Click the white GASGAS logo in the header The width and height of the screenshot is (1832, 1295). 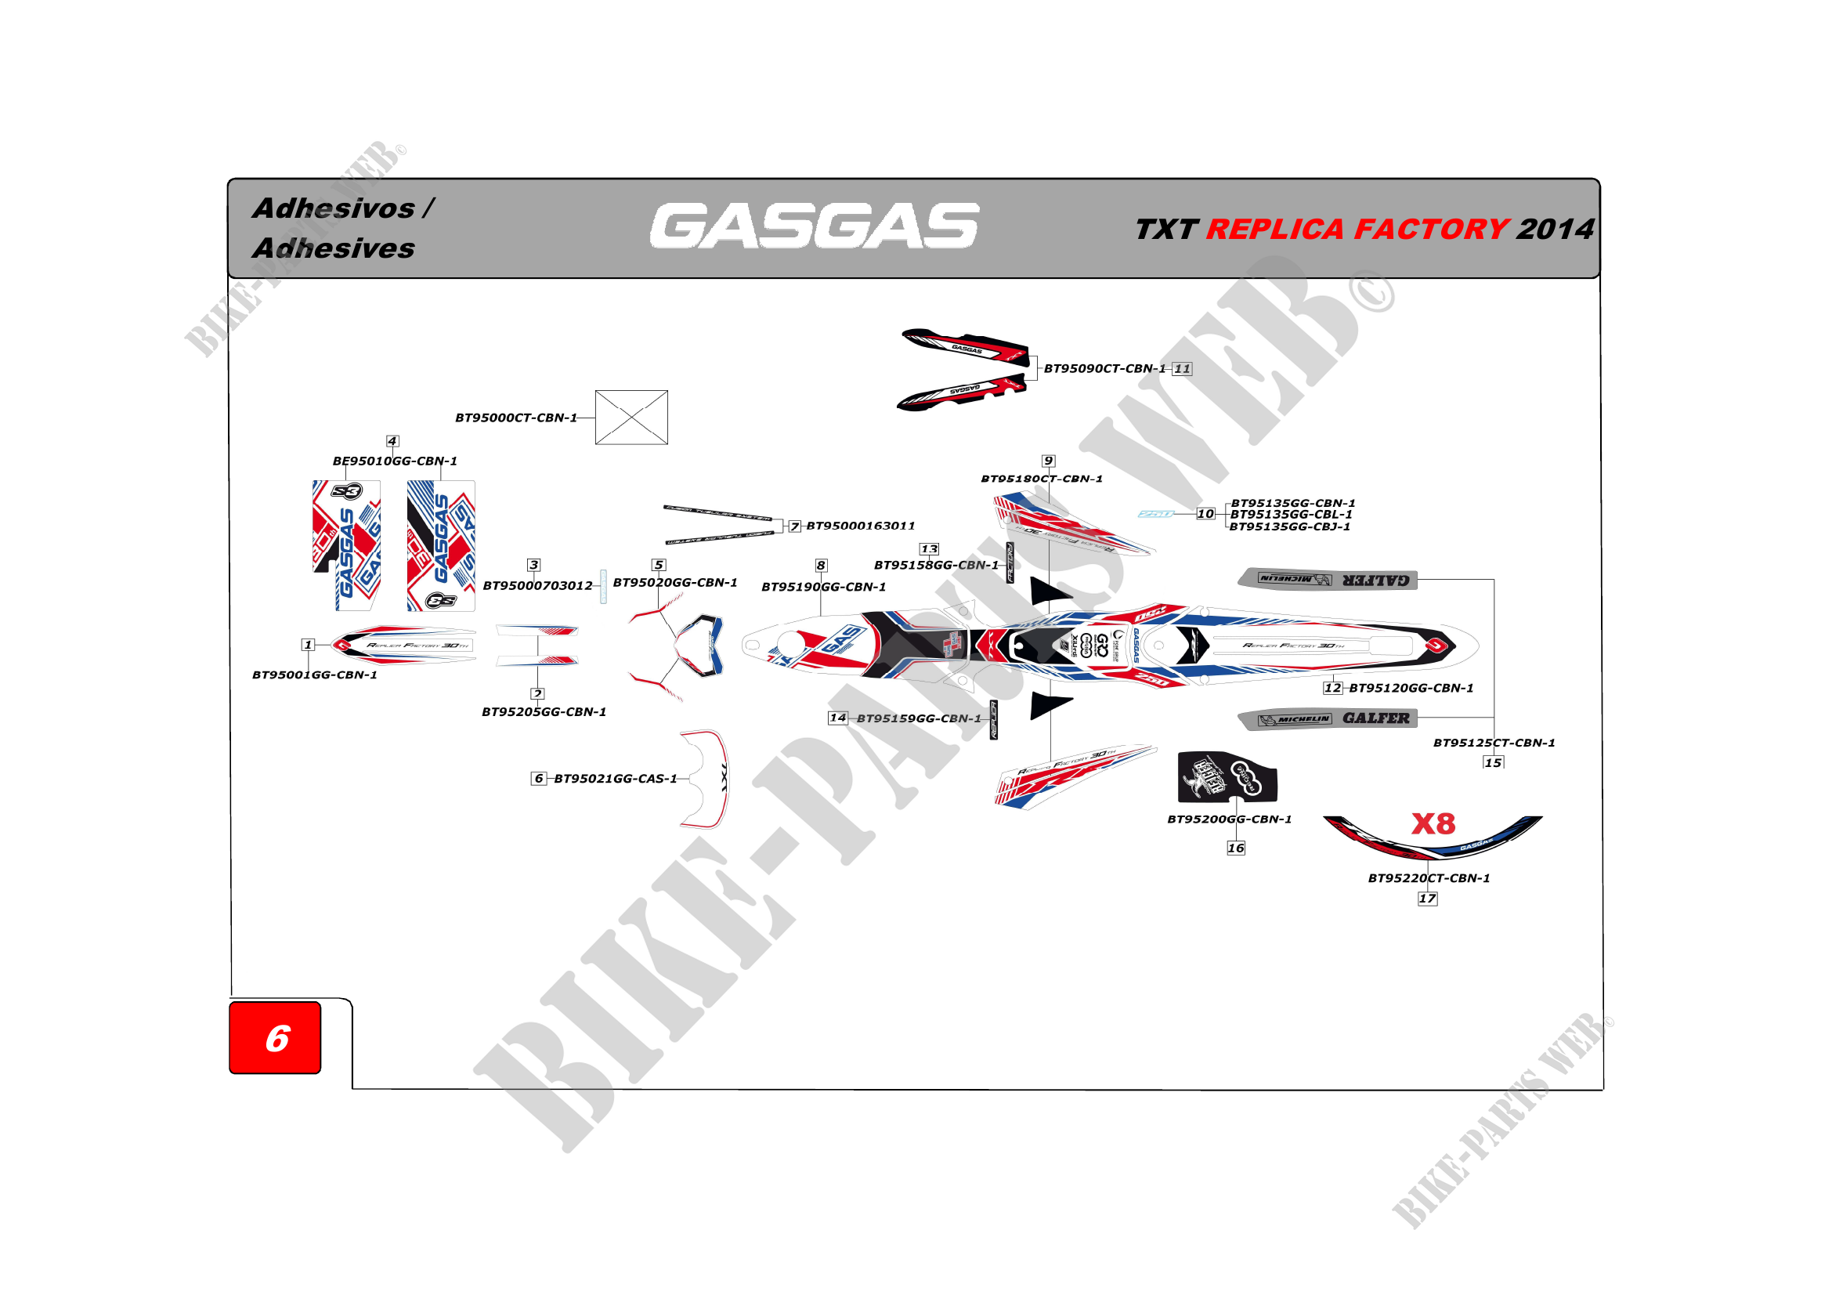tap(813, 226)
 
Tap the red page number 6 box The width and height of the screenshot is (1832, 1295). tap(275, 1037)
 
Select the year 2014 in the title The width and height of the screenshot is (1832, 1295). tap(1554, 230)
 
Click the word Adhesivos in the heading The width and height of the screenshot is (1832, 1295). tap(334, 208)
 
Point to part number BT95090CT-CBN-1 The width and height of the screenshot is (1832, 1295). tap(1104, 369)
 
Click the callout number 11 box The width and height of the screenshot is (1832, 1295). tap(1182, 369)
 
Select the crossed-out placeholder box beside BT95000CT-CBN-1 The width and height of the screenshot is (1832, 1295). tap(631, 418)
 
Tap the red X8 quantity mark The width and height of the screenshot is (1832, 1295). tap(1433, 823)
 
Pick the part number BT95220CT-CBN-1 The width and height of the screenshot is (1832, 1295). tap(1429, 877)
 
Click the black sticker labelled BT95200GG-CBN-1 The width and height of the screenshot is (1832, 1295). tap(1227, 776)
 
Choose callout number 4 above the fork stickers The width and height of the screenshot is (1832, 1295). tap(392, 441)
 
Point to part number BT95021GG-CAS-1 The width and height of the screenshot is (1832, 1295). tap(615, 779)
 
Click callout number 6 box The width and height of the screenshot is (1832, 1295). tap(539, 778)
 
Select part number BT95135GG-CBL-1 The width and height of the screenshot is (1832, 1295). tap(1291, 515)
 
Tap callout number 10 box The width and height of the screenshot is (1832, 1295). tap(1205, 514)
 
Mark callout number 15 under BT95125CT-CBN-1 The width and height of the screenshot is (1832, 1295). tap(1493, 763)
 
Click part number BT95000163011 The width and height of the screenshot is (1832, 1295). tap(860, 526)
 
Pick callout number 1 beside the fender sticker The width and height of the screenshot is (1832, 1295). tap(308, 645)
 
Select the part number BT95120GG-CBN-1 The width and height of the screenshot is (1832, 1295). tap(1411, 688)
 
